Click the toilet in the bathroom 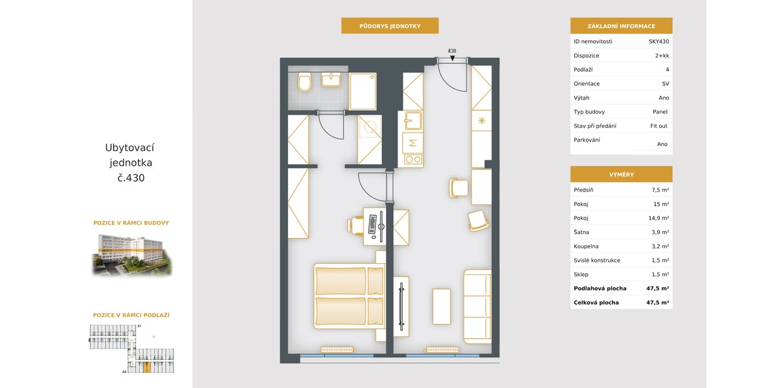coord(305,81)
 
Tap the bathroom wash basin coord(332,80)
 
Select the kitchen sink coord(413,120)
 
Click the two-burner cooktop coord(413,159)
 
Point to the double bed coord(350,296)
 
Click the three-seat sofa coord(478,307)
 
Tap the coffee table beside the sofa coord(442,307)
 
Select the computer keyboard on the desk coord(372,224)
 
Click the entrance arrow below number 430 coord(453,58)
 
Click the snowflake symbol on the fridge coord(482,120)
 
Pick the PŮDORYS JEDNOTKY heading coord(390,26)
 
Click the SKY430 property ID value coord(659,41)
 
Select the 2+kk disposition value coord(662,56)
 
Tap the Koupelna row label coord(586,246)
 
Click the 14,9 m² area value coord(659,218)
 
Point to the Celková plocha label coord(596,303)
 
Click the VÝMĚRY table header coord(621,175)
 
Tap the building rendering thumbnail coord(132,255)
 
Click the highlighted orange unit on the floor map coord(147,367)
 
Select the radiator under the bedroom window coord(337,350)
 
